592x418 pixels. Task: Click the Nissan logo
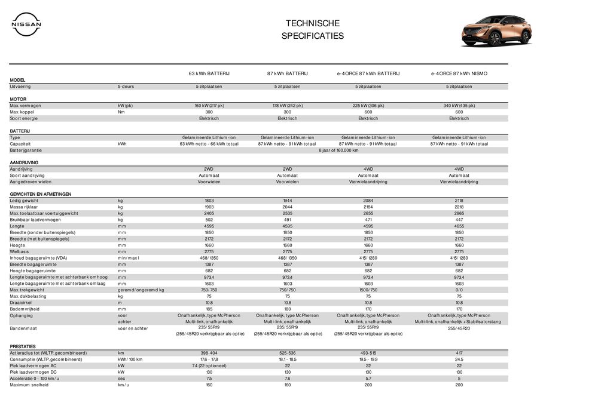(26, 24)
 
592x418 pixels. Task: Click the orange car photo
(496, 30)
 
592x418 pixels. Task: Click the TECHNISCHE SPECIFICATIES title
(313, 29)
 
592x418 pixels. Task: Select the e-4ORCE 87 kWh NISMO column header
(459, 73)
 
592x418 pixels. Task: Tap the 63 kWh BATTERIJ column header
(209, 73)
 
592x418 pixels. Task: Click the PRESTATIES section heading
(23, 346)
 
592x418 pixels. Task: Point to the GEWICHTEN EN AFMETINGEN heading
(41, 194)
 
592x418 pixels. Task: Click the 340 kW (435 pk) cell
(459, 106)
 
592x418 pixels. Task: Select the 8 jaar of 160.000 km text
(338, 150)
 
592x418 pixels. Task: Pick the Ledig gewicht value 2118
(459, 201)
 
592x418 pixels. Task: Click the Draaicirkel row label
(22, 302)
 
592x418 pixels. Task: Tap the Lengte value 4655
(459, 226)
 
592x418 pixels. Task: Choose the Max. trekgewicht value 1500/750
(368, 290)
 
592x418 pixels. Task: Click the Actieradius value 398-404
(209, 353)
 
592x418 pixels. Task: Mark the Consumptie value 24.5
(459, 359)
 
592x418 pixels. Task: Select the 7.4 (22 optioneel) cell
(209, 365)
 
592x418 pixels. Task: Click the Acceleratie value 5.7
(368, 379)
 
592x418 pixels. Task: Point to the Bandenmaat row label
(23, 328)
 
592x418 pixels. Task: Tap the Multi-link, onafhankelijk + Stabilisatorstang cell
(459, 321)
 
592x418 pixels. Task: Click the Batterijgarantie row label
(26, 150)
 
